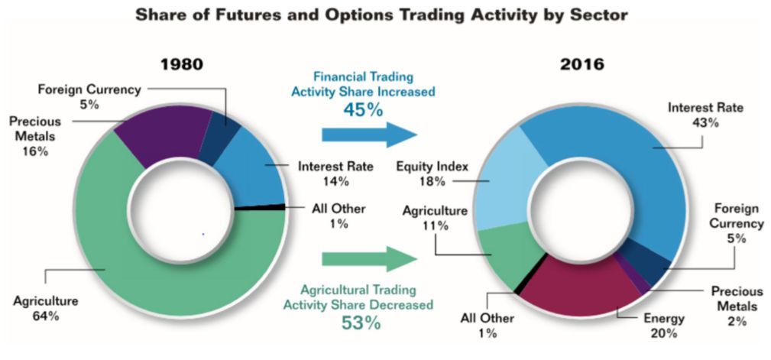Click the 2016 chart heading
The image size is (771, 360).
point(582,64)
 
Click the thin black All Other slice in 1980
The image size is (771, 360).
point(261,207)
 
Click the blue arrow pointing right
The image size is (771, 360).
point(369,135)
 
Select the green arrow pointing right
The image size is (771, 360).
point(369,258)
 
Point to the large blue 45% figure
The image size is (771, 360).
point(363,109)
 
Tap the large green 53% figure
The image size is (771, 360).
point(361,323)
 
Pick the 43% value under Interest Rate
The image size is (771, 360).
point(705,122)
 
